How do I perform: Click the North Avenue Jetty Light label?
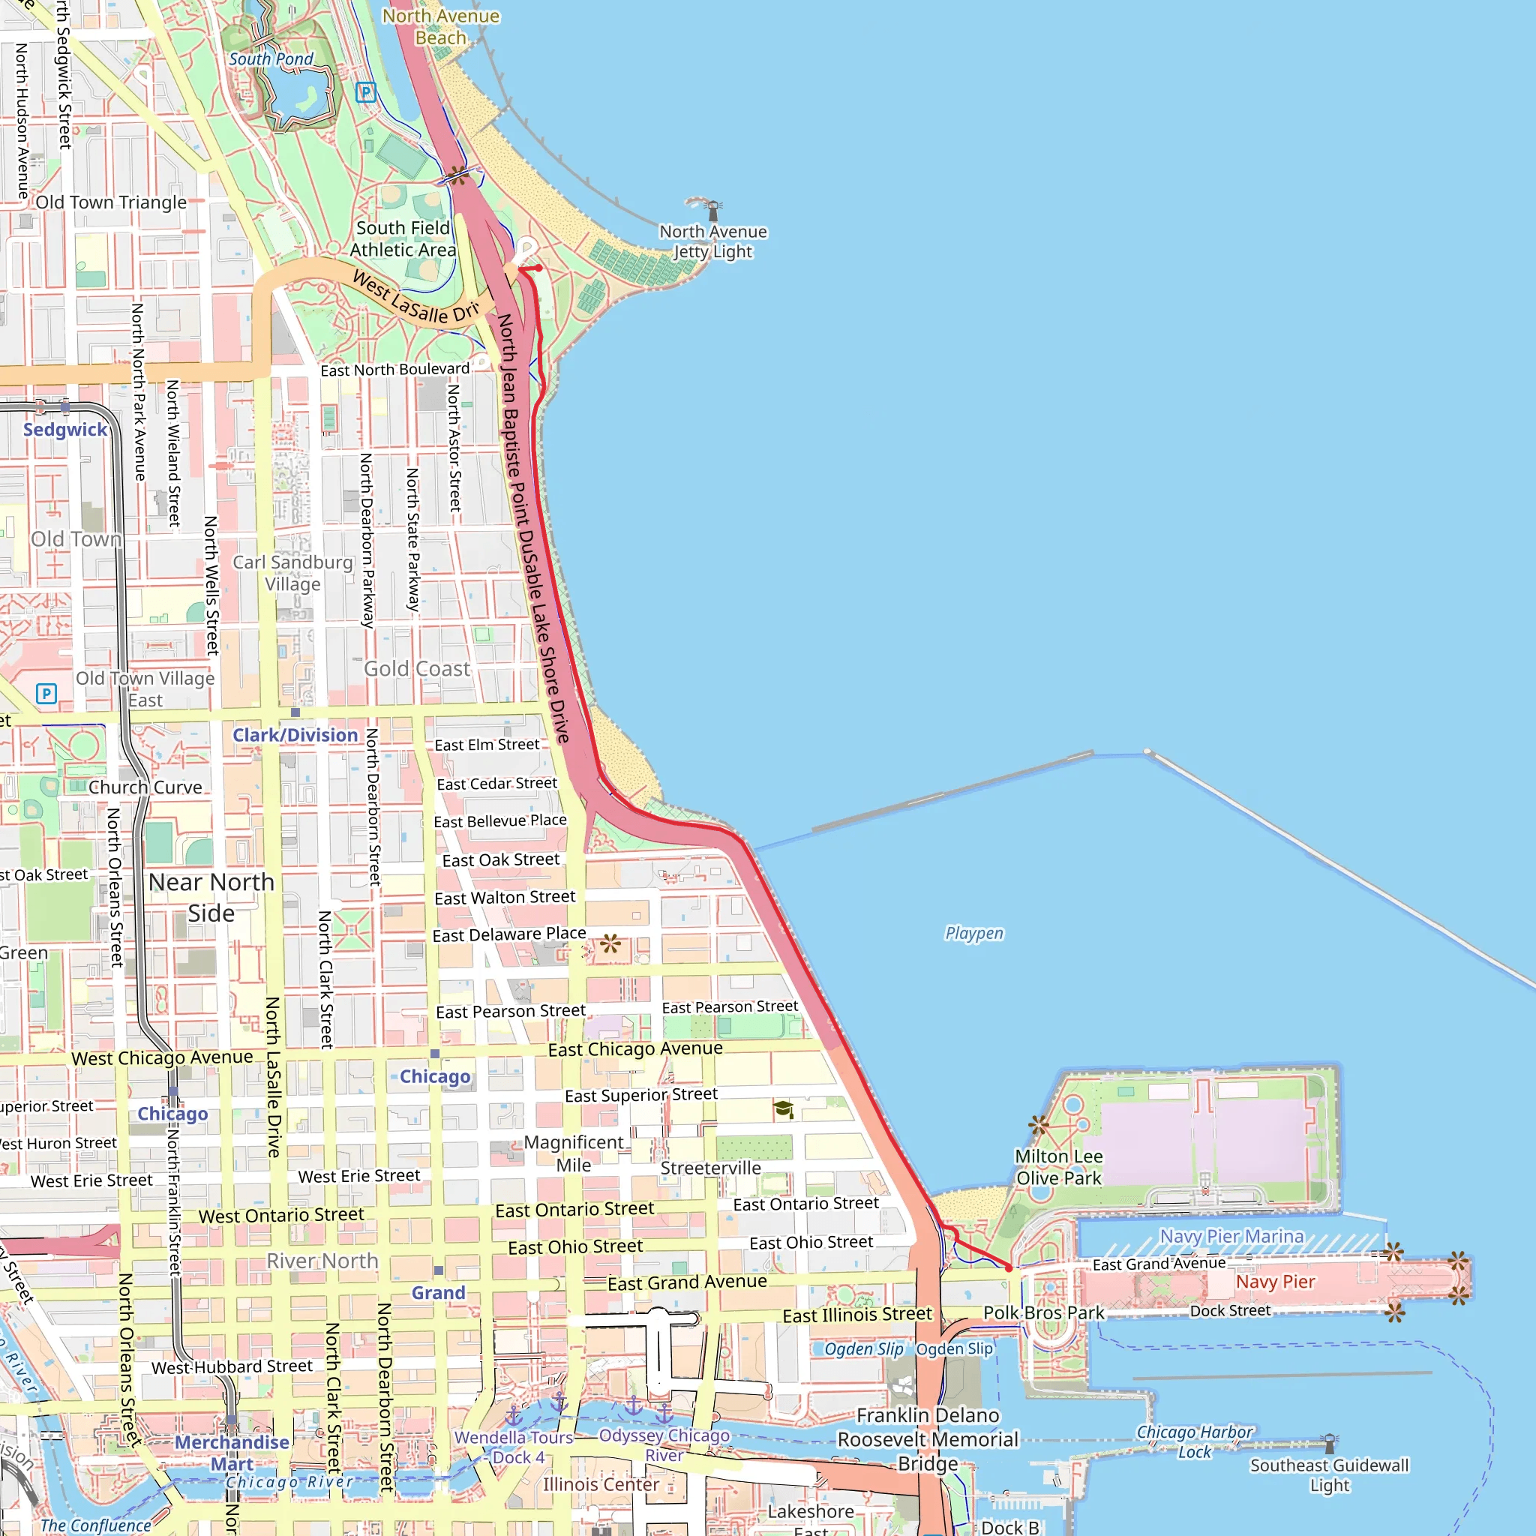tap(713, 241)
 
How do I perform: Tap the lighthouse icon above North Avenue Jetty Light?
tap(713, 211)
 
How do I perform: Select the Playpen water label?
tap(974, 932)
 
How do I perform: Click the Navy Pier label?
tap(1275, 1282)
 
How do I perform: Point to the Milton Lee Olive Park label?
tap(1058, 1167)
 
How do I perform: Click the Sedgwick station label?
tap(64, 429)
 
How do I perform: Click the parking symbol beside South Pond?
tap(366, 92)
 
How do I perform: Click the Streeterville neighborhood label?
tap(711, 1168)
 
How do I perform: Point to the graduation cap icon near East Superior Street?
tap(783, 1109)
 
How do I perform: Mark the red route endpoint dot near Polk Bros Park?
tap(1009, 1268)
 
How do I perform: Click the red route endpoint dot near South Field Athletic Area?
tap(538, 268)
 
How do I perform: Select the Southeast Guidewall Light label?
tap(1328, 1474)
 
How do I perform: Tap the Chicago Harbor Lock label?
tap(1194, 1441)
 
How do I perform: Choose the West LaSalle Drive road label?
tap(415, 299)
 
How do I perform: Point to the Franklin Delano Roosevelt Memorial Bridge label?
tap(927, 1439)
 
